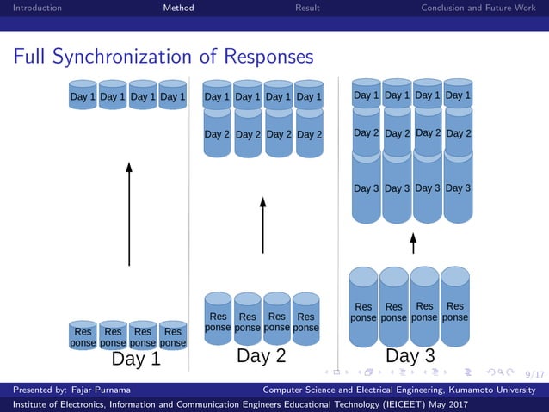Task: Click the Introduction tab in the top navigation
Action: point(31,8)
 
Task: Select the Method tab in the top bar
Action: point(178,8)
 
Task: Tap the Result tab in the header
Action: point(307,8)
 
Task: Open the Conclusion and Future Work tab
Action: point(478,8)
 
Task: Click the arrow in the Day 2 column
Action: point(262,224)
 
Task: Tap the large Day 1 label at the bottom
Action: point(136,359)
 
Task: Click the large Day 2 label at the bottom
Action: point(261,355)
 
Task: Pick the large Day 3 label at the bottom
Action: point(410,355)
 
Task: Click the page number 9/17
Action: point(534,374)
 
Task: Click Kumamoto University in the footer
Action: point(496,390)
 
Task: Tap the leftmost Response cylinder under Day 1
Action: point(83,336)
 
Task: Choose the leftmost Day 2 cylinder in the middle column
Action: point(217,134)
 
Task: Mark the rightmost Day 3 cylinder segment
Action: point(458,188)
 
